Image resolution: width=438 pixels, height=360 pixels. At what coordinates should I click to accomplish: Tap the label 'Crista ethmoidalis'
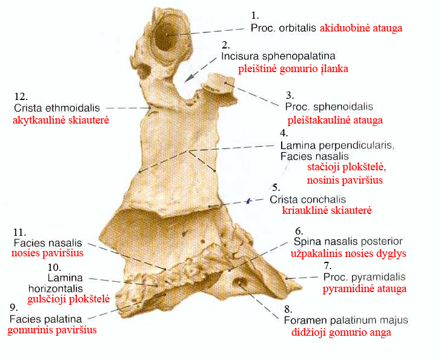50,108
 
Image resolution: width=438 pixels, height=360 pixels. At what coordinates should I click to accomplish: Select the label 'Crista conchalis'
308,199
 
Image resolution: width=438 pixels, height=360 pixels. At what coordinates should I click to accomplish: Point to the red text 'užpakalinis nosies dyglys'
348,254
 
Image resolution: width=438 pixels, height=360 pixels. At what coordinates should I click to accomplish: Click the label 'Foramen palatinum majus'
346,320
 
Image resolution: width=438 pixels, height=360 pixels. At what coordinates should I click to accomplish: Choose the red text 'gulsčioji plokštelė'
68,299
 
